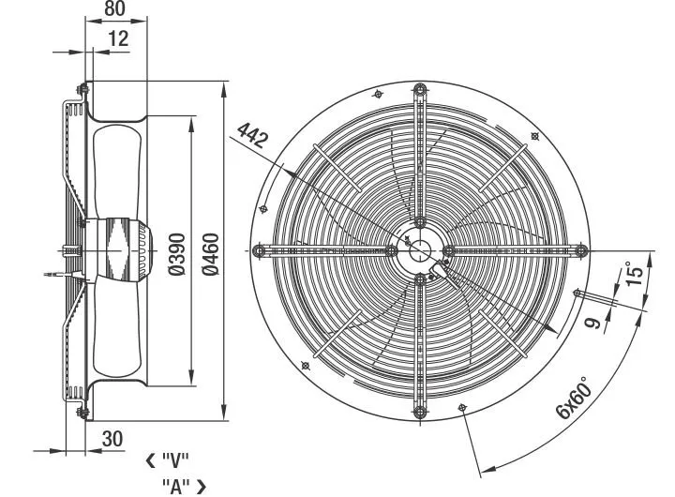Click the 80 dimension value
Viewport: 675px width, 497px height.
click(x=114, y=8)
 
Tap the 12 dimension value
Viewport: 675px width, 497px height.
click(x=118, y=38)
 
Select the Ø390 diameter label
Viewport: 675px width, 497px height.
click(x=176, y=254)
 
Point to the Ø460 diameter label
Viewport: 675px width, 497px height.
click(x=211, y=254)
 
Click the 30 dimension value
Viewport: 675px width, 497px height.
click(x=112, y=439)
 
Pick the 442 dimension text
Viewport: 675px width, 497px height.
click(x=253, y=135)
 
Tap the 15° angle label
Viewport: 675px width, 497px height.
click(x=635, y=273)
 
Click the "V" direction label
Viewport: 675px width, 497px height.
click(x=175, y=461)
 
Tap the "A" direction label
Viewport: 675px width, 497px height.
click(x=176, y=487)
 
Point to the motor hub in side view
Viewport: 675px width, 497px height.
click(x=118, y=249)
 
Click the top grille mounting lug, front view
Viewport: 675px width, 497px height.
click(x=420, y=91)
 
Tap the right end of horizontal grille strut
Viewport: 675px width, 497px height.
click(x=581, y=250)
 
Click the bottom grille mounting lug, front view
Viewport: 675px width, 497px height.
click(x=420, y=412)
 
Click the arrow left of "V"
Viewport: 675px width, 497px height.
click(x=151, y=461)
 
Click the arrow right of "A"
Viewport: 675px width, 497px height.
click(x=202, y=487)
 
